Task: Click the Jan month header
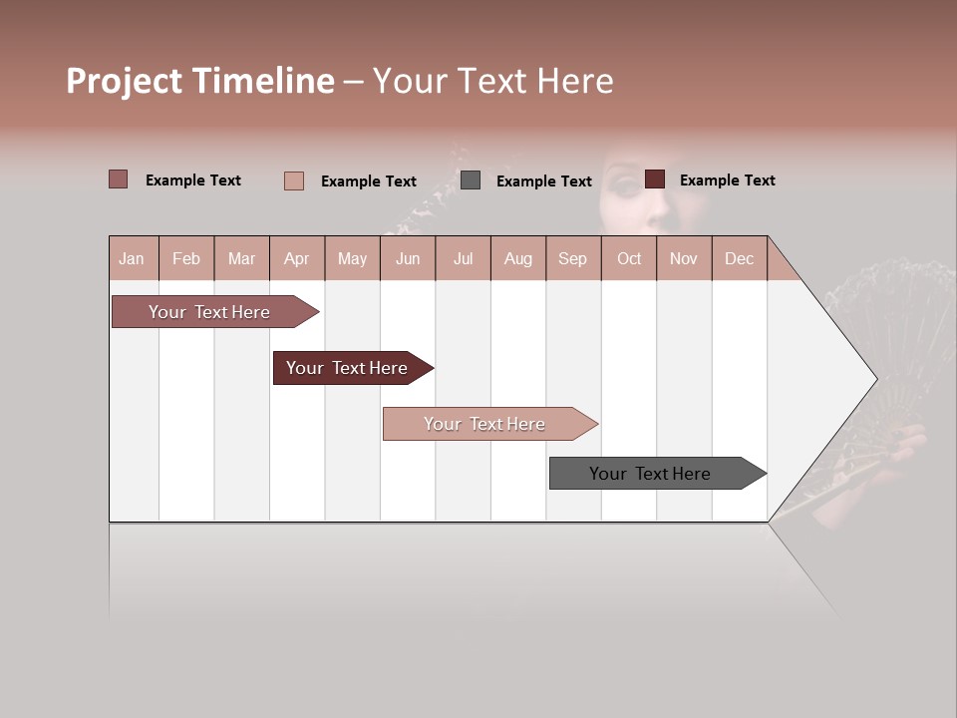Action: [x=132, y=258]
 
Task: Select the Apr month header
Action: [x=297, y=258]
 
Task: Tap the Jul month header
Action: [x=463, y=258]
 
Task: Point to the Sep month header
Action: [x=572, y=258]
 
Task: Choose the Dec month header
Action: [x=739, y=258]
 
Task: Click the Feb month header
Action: [x=186, y=258]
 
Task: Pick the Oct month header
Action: [x=629, y=258]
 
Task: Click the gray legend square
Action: [x=471, y=180]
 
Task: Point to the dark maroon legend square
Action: [x=655, y=179]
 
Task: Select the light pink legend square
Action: [x=294, y=180]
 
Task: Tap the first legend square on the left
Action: [x=119, y=179]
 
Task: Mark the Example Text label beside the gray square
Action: [x=543, y=181]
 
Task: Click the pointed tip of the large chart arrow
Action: [x=874, y=378]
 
